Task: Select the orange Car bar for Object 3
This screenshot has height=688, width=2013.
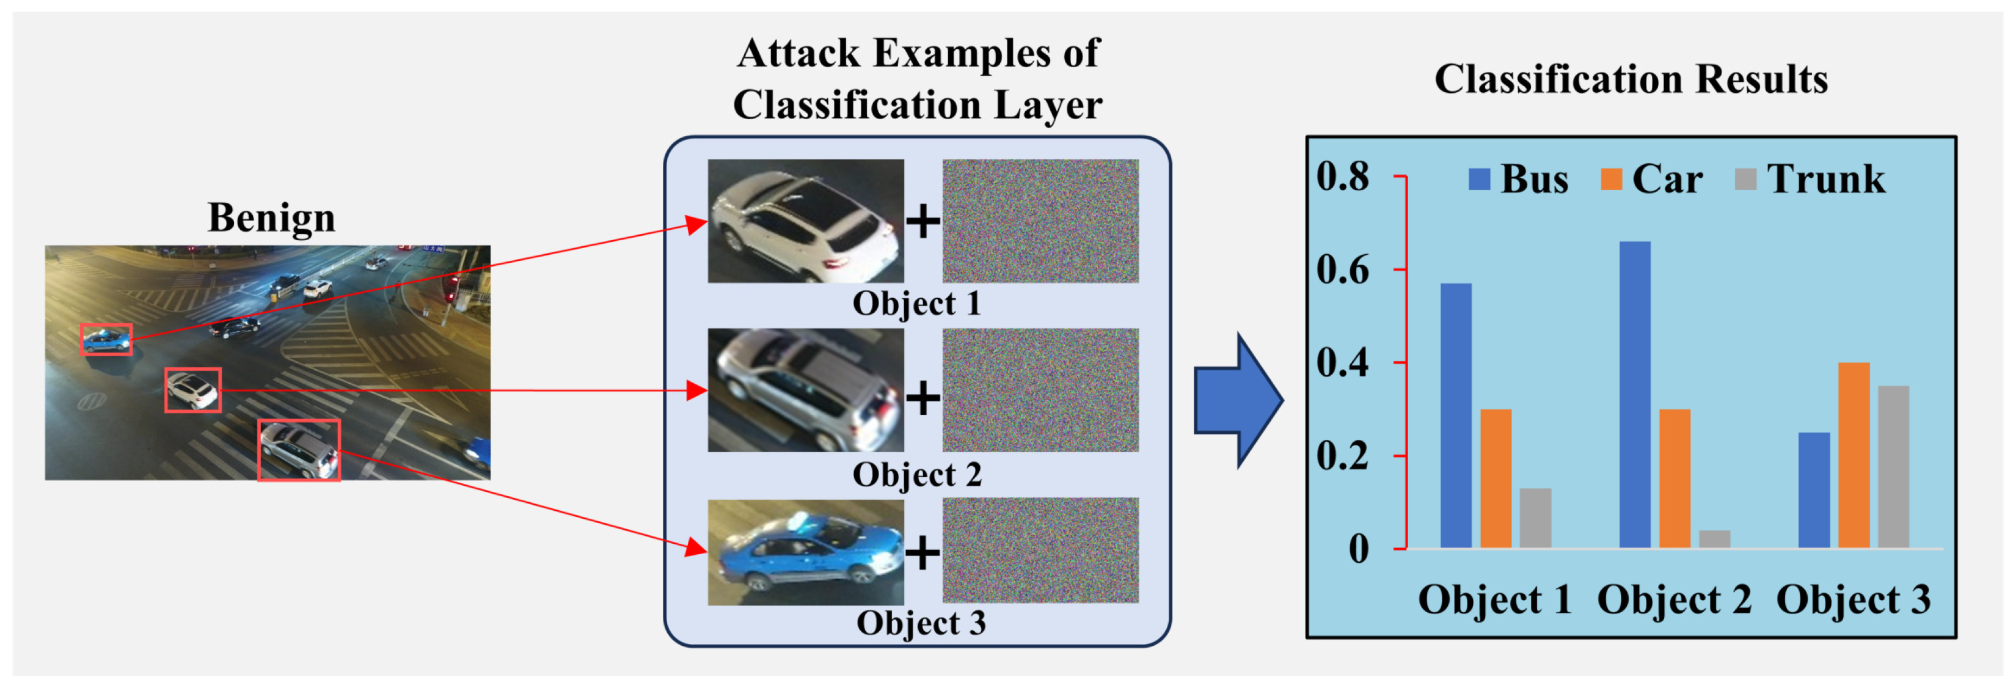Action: click(1854, 455)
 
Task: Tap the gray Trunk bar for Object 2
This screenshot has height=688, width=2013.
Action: click(1714, 539)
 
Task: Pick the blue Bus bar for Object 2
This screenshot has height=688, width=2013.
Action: click(1635, 394)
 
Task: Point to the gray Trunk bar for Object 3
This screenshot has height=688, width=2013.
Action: click(1893, 467)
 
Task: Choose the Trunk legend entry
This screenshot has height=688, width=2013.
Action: click(1811, 179)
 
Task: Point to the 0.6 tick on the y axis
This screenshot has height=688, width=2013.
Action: click(1400, 269)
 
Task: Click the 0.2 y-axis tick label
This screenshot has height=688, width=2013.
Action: click(1343, 456)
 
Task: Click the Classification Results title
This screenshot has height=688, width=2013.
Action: click(1631, 79)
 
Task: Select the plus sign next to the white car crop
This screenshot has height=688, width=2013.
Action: click(923, 221)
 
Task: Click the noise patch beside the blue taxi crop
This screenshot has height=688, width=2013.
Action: click(1040, 551)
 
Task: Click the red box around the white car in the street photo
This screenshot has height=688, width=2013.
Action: click(192, 390)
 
